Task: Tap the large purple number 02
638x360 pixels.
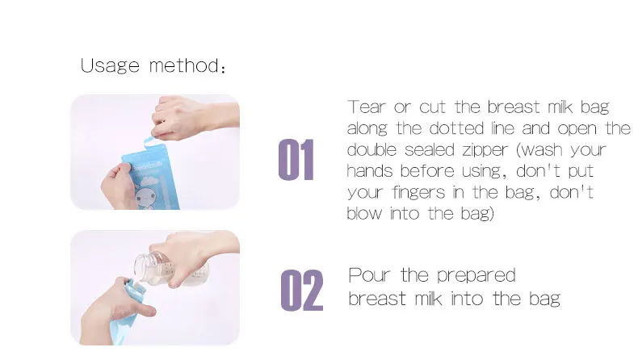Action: pos(301,291)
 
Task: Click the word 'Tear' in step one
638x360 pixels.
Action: pos(364,107)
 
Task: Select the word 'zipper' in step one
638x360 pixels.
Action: pos(486,150)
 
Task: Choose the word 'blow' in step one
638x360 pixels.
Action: pos(363,214)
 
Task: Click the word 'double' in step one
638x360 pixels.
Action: pos(372,150)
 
